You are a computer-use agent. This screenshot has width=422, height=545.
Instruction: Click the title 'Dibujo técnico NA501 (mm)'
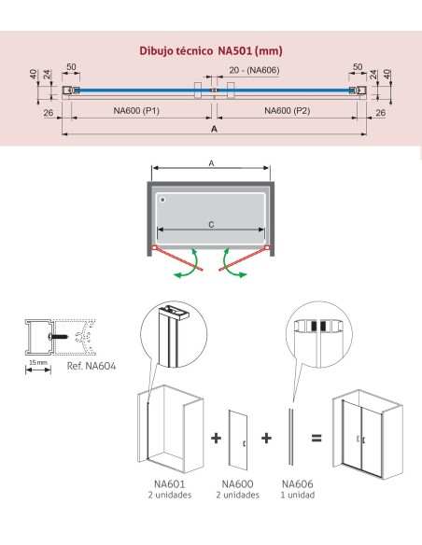pyautogui.click(x=211, y=50)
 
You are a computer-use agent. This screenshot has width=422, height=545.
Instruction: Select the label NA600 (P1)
pyautogui.click(x=136, y=111)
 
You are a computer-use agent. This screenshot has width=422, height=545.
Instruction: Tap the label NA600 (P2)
pyautogui.click(x=288, y=111)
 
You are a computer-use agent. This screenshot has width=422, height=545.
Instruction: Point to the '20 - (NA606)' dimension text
pyautogui.click(x=254, y=70)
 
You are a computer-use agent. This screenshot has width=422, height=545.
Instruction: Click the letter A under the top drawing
pyautogui.click(x=214, y=129)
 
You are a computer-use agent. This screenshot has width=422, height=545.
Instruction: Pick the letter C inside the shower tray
pyautogui.click(x=211, y=225)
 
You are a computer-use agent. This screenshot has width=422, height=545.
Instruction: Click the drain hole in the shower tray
pyautogui.click(x=162, y=200)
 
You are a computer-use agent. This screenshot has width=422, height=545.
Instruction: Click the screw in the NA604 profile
pyautogui.click(x=59, y=337)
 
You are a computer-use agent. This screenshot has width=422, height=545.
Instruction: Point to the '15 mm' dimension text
pyautogui.click(x=38, y=362)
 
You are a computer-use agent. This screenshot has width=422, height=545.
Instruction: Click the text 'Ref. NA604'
pyautogui.click(x=91, y=366)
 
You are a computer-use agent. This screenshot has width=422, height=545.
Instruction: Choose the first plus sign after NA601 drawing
pyautogui.click(x=217, y=438)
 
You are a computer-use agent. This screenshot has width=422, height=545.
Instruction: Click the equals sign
pyautogui.click(x=316, y=438)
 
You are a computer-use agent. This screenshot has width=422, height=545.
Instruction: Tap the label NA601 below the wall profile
pyautogui.click(x=170, y=483)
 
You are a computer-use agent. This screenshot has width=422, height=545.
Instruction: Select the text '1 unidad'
pyautogui.click(x=298, y=495)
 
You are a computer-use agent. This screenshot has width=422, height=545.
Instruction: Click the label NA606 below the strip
pyautogui.click(x=298, y=483)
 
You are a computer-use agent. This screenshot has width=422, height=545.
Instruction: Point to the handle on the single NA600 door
pyautogui.click(x=245, y=443)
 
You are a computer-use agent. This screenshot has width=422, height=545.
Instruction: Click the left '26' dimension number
pyautogui.click(x=49, y=113)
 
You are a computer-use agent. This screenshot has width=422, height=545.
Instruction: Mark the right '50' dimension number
pyautogui.click(x=358, y=67)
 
